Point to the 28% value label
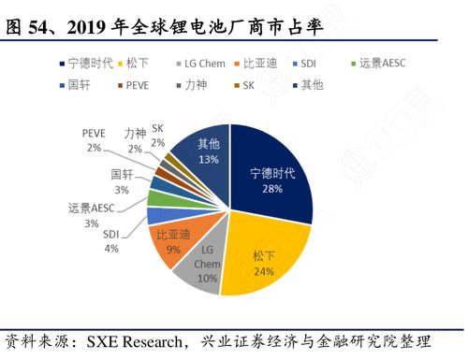[x=273, y=190]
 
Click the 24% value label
[x=265, y=272]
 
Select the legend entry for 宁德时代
[x=90, y=63]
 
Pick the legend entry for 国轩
[x=78, y=84]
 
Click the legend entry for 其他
[x=309, y=84]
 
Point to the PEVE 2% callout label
[x=95, y=141]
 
